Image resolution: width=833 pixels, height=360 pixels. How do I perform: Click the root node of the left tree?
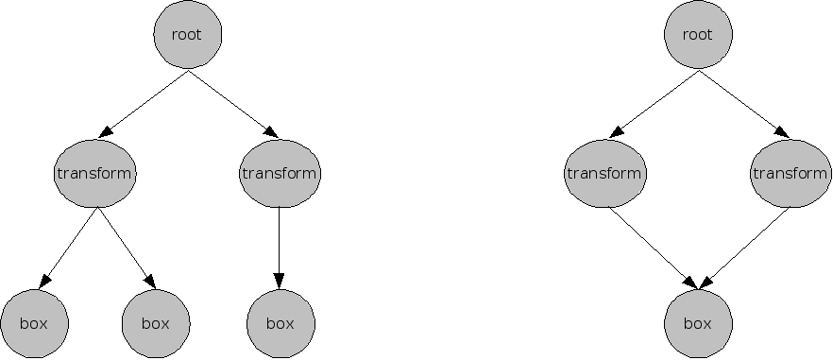(x=187, y=35)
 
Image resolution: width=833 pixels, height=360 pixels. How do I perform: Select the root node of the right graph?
(x=697, y=35)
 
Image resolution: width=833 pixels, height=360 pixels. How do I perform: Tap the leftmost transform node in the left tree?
(x=94, y=174)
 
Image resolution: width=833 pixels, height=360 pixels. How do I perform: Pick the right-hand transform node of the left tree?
(x=280, y=174)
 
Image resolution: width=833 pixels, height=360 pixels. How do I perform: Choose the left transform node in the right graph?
(x=604, y=174)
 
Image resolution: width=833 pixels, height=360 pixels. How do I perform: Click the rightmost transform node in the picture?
(x=790, y=174)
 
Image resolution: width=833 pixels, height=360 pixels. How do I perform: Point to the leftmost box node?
(x=35, y=323)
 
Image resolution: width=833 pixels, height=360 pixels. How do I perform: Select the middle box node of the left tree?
(x=156, y=323)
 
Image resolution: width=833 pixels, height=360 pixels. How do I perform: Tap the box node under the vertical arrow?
(x=280, y=323)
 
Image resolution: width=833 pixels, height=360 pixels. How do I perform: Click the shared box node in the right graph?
(x=697, y=323)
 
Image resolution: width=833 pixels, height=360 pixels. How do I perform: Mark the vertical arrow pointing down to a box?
(x=279, y=246)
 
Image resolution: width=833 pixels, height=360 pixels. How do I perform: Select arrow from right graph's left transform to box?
(x=652, y=248)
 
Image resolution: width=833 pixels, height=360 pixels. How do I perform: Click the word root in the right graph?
(x=697, y=35)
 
